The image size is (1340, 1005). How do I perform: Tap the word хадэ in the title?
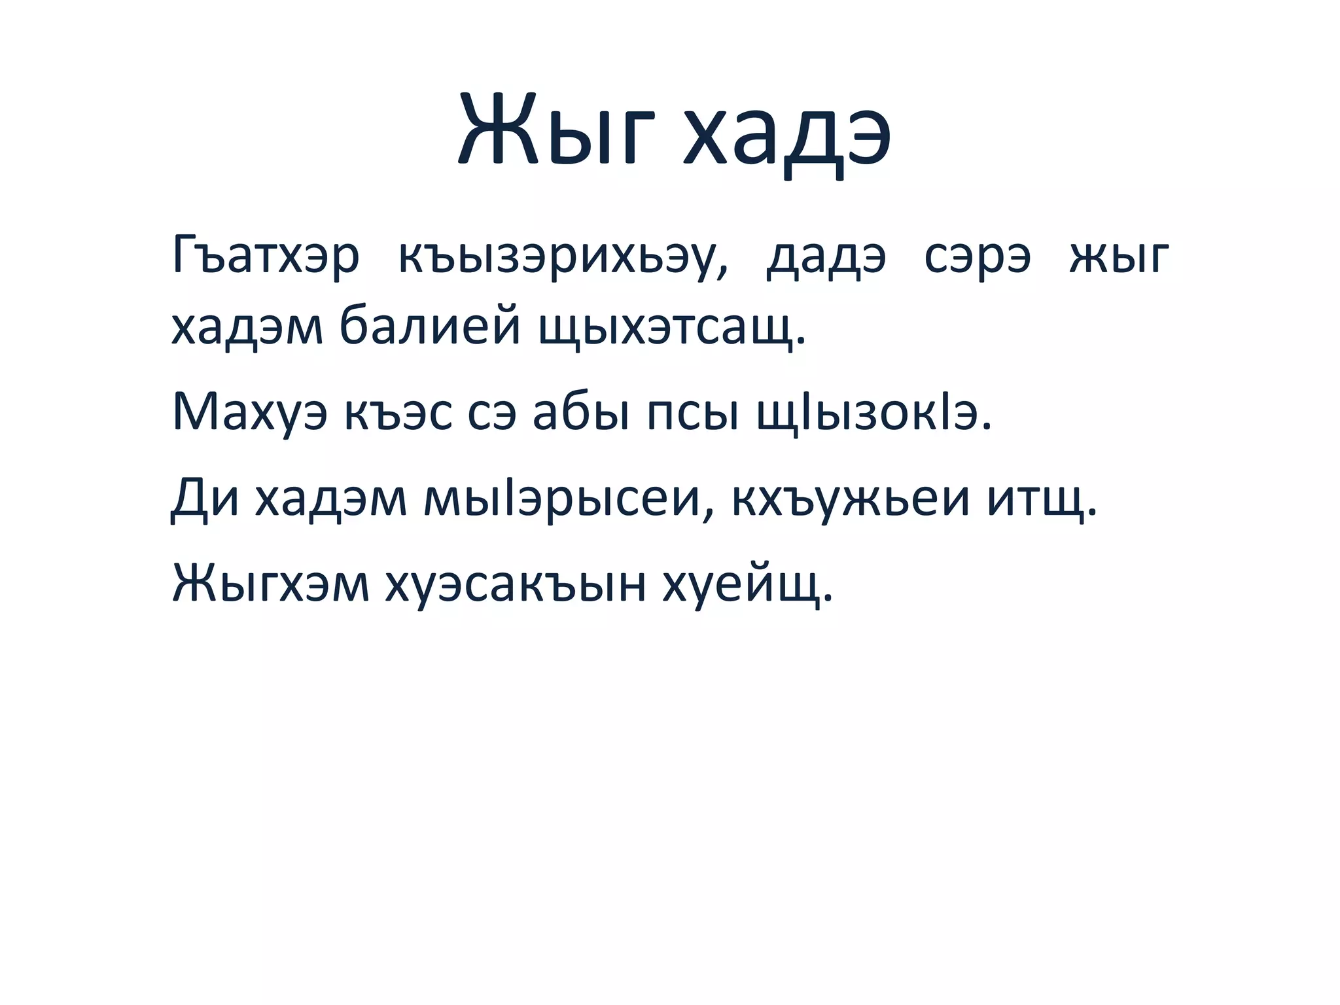[x=786, y=135]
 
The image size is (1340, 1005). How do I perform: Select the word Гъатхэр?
[x=266, y=256]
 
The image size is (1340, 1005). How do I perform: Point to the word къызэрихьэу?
[x=563, y=256]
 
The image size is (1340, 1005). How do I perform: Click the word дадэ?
[x=826, y=256]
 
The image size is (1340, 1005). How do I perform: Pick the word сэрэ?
[x=978, y=256]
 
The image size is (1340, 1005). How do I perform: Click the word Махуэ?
[x=249, y=412]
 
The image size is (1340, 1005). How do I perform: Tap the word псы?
[x=693, y=412]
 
